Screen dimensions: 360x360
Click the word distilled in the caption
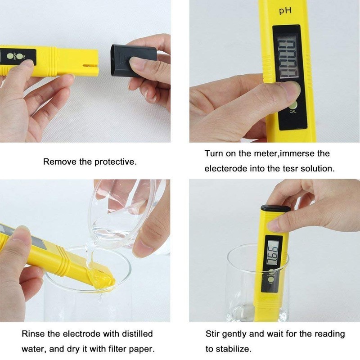pyautogui.click(x=137, y=334)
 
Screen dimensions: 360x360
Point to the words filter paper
pyautogui.click(x=131, y=349)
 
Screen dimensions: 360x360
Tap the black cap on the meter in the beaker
pyautogui.click(x=274, y=208)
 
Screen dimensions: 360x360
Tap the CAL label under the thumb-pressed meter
pyautogui.click(x=293, y=112)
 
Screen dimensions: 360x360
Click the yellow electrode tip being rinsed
pyautogui.click(x=101, y=279)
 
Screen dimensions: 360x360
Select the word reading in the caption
pyautogui.click(x=328, y=334)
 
